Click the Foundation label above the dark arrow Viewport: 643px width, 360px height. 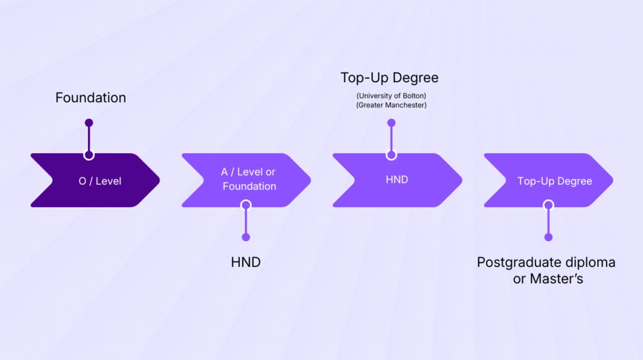(x=90, y=98)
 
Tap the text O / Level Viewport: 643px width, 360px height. (x=100, y=181)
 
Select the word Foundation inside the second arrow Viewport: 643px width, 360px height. (x=249, y=187)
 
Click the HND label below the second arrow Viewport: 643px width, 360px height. (x=246, y=262)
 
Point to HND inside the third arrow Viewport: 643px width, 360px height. (x=397, y=180)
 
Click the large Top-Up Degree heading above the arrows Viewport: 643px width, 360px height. (x=389, y=78)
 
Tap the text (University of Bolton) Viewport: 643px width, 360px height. (x=391, y=95)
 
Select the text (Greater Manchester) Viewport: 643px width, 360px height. (x=391, y=105)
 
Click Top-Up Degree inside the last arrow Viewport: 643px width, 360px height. (x=554, y=181)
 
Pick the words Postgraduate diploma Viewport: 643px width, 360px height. (x=546, y=262)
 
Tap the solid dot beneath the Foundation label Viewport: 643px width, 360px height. (x=89, y=123)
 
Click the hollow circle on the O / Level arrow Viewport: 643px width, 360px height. (x=89, y=155)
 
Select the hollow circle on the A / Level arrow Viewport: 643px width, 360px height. (x=246, y=205)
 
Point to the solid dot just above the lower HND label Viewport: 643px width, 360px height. (x=246, y=237)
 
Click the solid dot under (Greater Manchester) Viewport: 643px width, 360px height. (x=391, y=123)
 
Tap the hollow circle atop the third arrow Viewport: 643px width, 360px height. (x=391, y=155)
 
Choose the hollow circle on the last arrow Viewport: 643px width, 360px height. (x=548, y=205)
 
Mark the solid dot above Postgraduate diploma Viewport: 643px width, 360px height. (x=548, y=237)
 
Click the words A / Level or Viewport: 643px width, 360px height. (x=248, y=172)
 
